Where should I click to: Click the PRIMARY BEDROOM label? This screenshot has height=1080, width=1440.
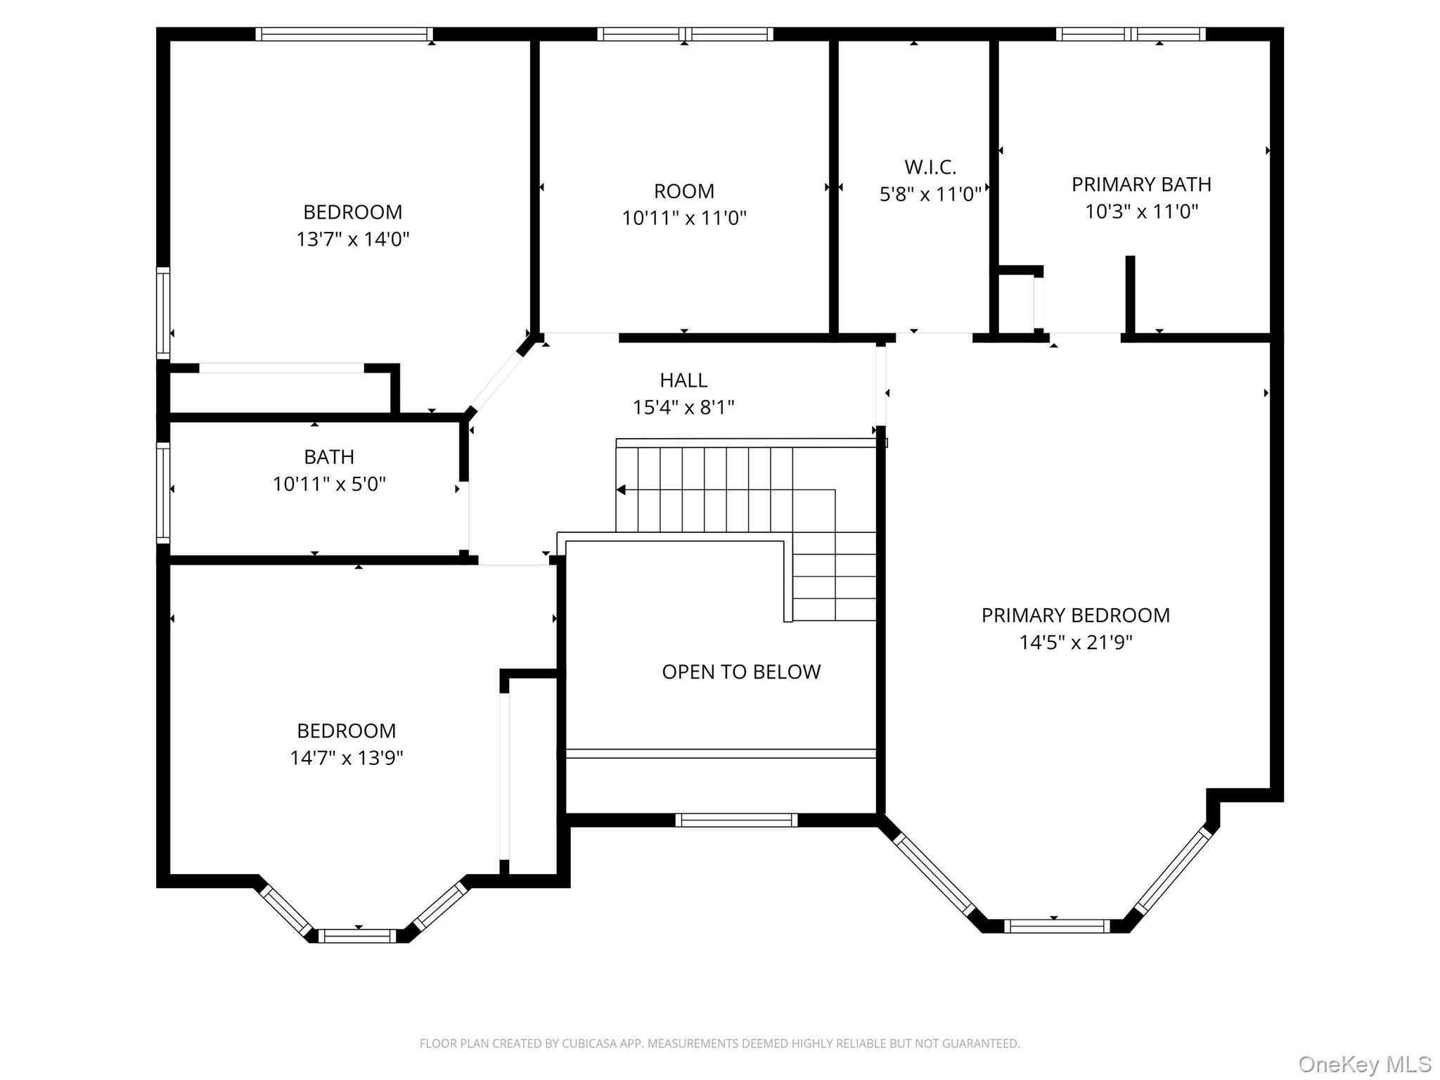click(1075, 615)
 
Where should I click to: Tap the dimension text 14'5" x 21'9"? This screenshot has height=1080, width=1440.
click(1075, 643)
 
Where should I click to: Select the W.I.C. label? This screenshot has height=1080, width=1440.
click(930, 167)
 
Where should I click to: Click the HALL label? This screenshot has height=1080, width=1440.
click(683, 380)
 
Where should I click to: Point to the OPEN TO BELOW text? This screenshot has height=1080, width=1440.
click(740, 672)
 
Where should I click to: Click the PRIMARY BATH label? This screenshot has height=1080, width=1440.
click(1140, 184)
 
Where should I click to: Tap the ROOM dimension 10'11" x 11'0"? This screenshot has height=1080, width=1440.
click(683, 219)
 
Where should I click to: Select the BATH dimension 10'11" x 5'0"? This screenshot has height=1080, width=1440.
click(329, 484)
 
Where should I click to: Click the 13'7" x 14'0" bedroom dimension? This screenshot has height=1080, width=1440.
click(352, 240)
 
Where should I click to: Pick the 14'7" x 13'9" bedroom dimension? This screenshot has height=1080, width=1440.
click(346, 758)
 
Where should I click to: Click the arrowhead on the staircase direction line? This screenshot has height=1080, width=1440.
click(621, 490)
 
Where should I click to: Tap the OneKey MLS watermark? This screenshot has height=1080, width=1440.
click(1364, 1065)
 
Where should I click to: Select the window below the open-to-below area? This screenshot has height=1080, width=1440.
click(735, 820)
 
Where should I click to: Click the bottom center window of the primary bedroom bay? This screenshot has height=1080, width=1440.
click(1056, 927)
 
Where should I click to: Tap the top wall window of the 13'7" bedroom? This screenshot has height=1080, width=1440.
click(344, 34)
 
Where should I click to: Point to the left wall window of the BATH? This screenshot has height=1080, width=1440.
click(162, 492)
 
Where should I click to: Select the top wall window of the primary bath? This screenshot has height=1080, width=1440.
click(1130, 34)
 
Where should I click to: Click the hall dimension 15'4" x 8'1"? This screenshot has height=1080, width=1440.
click(683, 408)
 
